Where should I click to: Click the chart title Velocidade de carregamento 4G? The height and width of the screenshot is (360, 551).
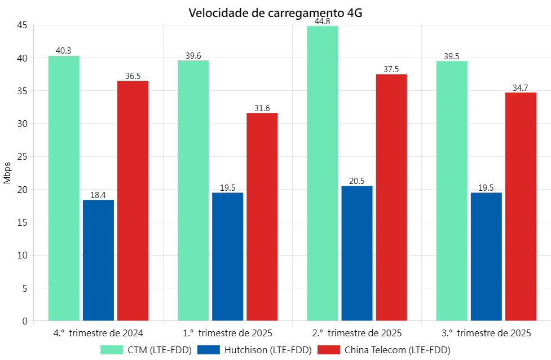(x=275, y=12)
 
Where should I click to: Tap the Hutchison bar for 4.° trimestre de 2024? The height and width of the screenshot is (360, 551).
(x=98, y=260)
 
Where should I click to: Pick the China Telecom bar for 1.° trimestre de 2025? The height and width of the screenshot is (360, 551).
(x=262, y=217)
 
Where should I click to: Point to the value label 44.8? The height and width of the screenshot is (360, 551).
(x=323, y=22)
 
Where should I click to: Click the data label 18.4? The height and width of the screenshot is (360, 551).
(x=98, y=195)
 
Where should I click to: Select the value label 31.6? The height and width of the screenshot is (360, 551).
(x=262, y=108)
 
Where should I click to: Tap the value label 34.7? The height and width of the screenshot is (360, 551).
(x=521, y=88)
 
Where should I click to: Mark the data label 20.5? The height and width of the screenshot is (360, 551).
(x=357, y=181)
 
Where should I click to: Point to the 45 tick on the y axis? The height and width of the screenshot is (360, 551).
(x=22, y=25)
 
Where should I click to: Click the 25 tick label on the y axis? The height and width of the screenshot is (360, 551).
(x=22, y=156)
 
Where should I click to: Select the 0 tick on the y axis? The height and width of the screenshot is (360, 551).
(x=24, y=321)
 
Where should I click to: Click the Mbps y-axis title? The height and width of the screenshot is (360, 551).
(x=7, y=173)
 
